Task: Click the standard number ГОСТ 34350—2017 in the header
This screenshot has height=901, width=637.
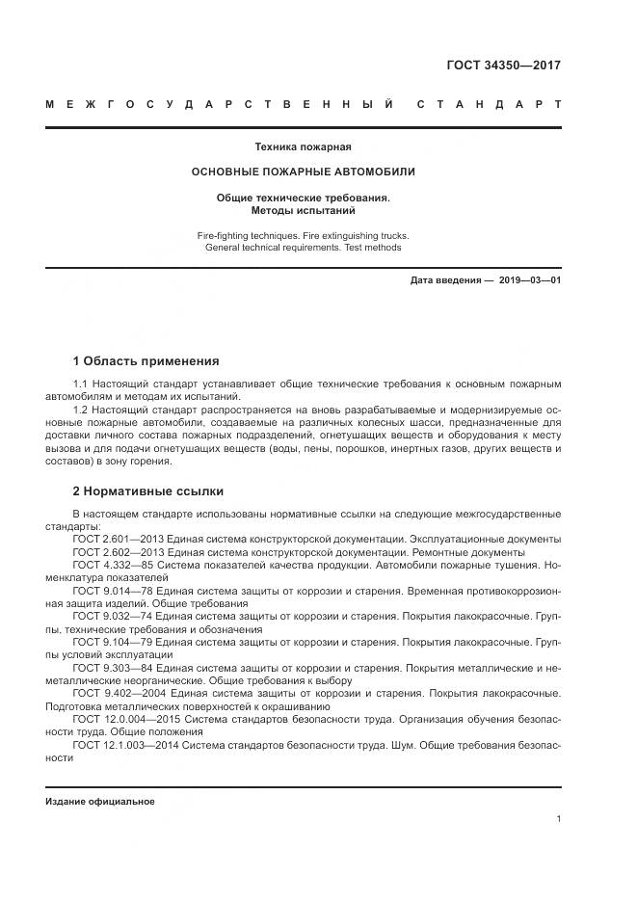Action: tap(503, 66)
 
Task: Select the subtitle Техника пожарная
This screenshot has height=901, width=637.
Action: tap(303, 147)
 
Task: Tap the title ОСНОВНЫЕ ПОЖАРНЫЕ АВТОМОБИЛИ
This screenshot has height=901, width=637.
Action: tap(303, 172)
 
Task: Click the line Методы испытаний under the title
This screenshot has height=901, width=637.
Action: tap(303, 209)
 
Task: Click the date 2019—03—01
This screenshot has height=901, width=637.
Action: tap(529, 279)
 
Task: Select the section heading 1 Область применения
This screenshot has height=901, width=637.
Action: tap(146, 361)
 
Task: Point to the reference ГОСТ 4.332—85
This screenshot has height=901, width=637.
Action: tap(113, 565)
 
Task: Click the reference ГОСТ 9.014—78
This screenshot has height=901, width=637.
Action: tap(113, 590)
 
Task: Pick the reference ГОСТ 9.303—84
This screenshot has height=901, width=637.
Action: tap(113, 667)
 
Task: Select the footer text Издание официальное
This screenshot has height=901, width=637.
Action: tap(99, 801)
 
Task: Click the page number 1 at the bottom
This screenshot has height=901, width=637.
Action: tap(558, 818)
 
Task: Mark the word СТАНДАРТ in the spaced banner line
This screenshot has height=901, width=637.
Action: tap(489, 104)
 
